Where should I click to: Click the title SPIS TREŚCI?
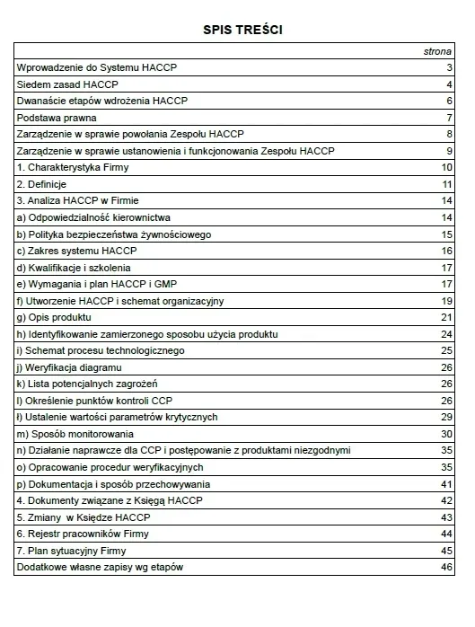(x=237, y=30)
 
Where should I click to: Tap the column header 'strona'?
(x=437, y=52)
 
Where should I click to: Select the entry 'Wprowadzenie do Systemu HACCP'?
(x=86, y=68)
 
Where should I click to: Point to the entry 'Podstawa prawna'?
(x=57, y=118)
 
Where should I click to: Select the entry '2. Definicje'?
(x=42, y=184)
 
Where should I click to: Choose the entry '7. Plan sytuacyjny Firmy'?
(x=73, y=551)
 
